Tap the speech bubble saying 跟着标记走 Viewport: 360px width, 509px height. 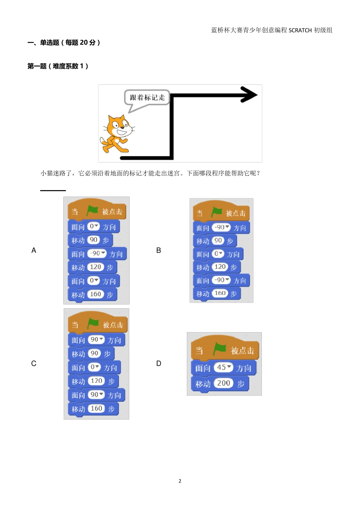tap(147, 98)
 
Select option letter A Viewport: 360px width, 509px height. tap(34, 250)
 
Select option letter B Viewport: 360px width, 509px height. tap(158, 250)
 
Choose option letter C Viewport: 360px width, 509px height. tap(34, 364)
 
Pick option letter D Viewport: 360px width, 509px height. tap(158, 364)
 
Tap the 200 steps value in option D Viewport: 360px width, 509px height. tap(224, 383)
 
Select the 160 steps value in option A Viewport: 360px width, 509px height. tap(95, 294)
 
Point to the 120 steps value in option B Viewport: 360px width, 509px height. tap(220, 267)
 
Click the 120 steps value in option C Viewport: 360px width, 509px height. tap(96, 381)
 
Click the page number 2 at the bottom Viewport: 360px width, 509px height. tap(180, 481)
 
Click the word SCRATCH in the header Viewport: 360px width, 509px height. tap(300, 30)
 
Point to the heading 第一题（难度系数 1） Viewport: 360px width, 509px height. tap(58, 66)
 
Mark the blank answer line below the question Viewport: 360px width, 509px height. tap(53, 190)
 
